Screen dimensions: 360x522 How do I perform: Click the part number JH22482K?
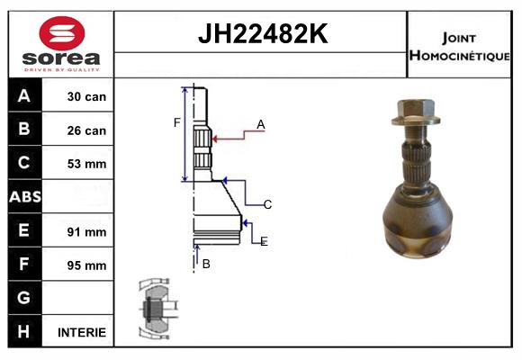[x=261, y=35]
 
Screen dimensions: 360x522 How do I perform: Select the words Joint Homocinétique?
[x=459, y=46]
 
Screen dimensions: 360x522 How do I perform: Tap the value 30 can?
[x=87, y=96]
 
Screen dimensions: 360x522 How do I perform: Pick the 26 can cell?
[x=87, y=130]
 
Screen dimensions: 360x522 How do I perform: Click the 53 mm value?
[x=87, y=164]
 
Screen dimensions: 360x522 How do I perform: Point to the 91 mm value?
[x=87, y=231]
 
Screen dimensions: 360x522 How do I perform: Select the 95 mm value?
[x=87, y=265]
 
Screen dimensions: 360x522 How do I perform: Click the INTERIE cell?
[x=82, y=332]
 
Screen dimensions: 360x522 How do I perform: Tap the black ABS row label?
[x=24, y=197]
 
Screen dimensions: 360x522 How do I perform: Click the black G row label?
[x=24, y=298]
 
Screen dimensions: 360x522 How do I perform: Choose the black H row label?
[x=24, y=331]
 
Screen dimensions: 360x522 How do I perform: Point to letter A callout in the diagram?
[x=260, y=124]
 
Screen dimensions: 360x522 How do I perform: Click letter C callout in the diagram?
[x=267, y=204]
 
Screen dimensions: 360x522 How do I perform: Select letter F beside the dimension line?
[x=177, y=122]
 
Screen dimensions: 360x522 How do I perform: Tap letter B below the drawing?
[x=206, y=264]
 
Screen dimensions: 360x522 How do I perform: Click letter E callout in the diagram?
[x=264, y=241]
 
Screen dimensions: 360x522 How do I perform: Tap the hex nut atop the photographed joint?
[x=416, y=112]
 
